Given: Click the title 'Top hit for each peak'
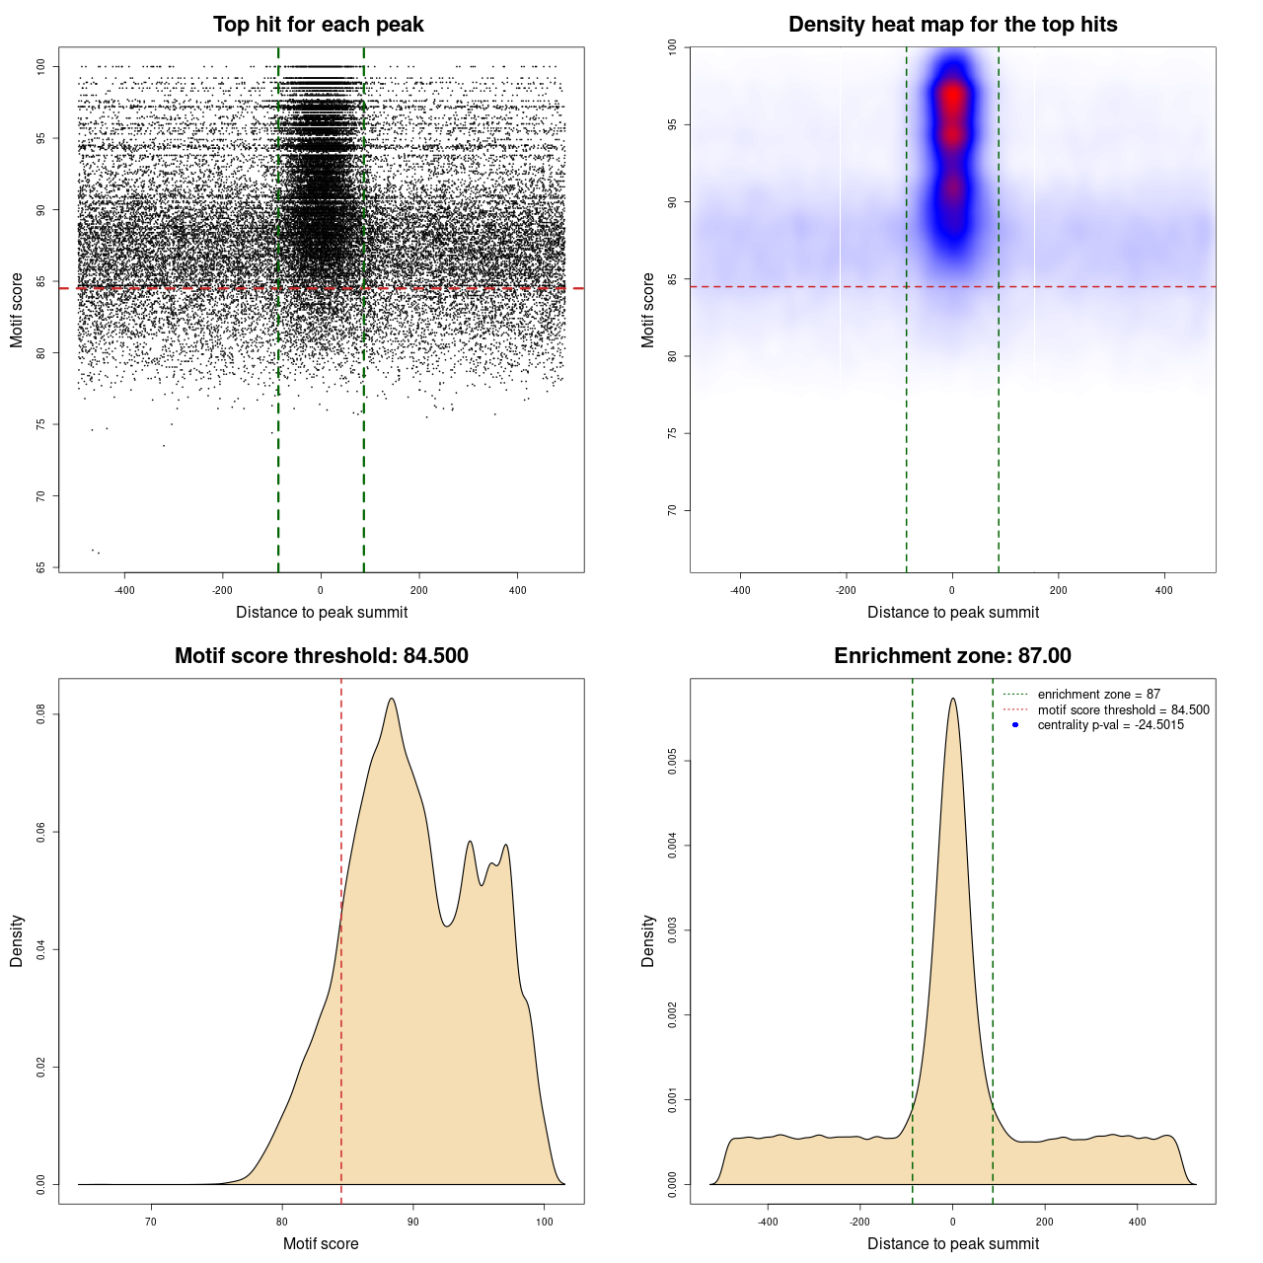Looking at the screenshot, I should (318, 25).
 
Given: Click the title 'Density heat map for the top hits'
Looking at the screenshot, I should (952, 25).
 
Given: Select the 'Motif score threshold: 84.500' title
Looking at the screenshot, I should (321, 656).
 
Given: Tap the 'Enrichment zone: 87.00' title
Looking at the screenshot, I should (952, 656).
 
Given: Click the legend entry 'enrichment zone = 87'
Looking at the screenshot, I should (1098, 695).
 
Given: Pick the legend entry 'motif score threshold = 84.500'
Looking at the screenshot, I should (1123, 710).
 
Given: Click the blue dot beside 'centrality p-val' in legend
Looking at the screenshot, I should (1015, 725).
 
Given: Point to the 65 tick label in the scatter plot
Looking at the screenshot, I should (40, 567).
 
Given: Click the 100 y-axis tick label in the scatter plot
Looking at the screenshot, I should (40, 66).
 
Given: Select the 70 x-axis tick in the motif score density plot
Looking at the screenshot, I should (151, 1222).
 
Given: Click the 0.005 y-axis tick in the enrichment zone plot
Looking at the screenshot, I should (672, 761).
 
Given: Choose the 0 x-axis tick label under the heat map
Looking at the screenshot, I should (952, 590).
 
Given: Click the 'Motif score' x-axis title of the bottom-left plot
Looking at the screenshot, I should (321, 1243).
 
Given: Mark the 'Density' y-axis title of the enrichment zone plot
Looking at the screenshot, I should (648, 940).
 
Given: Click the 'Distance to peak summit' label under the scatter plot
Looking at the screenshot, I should (322, 612).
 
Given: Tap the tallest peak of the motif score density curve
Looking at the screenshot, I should (392, 699).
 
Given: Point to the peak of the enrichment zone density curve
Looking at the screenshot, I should (952, 699).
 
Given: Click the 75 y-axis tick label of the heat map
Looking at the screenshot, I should (672, 433).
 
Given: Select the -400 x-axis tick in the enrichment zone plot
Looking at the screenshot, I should (768, 1222).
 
